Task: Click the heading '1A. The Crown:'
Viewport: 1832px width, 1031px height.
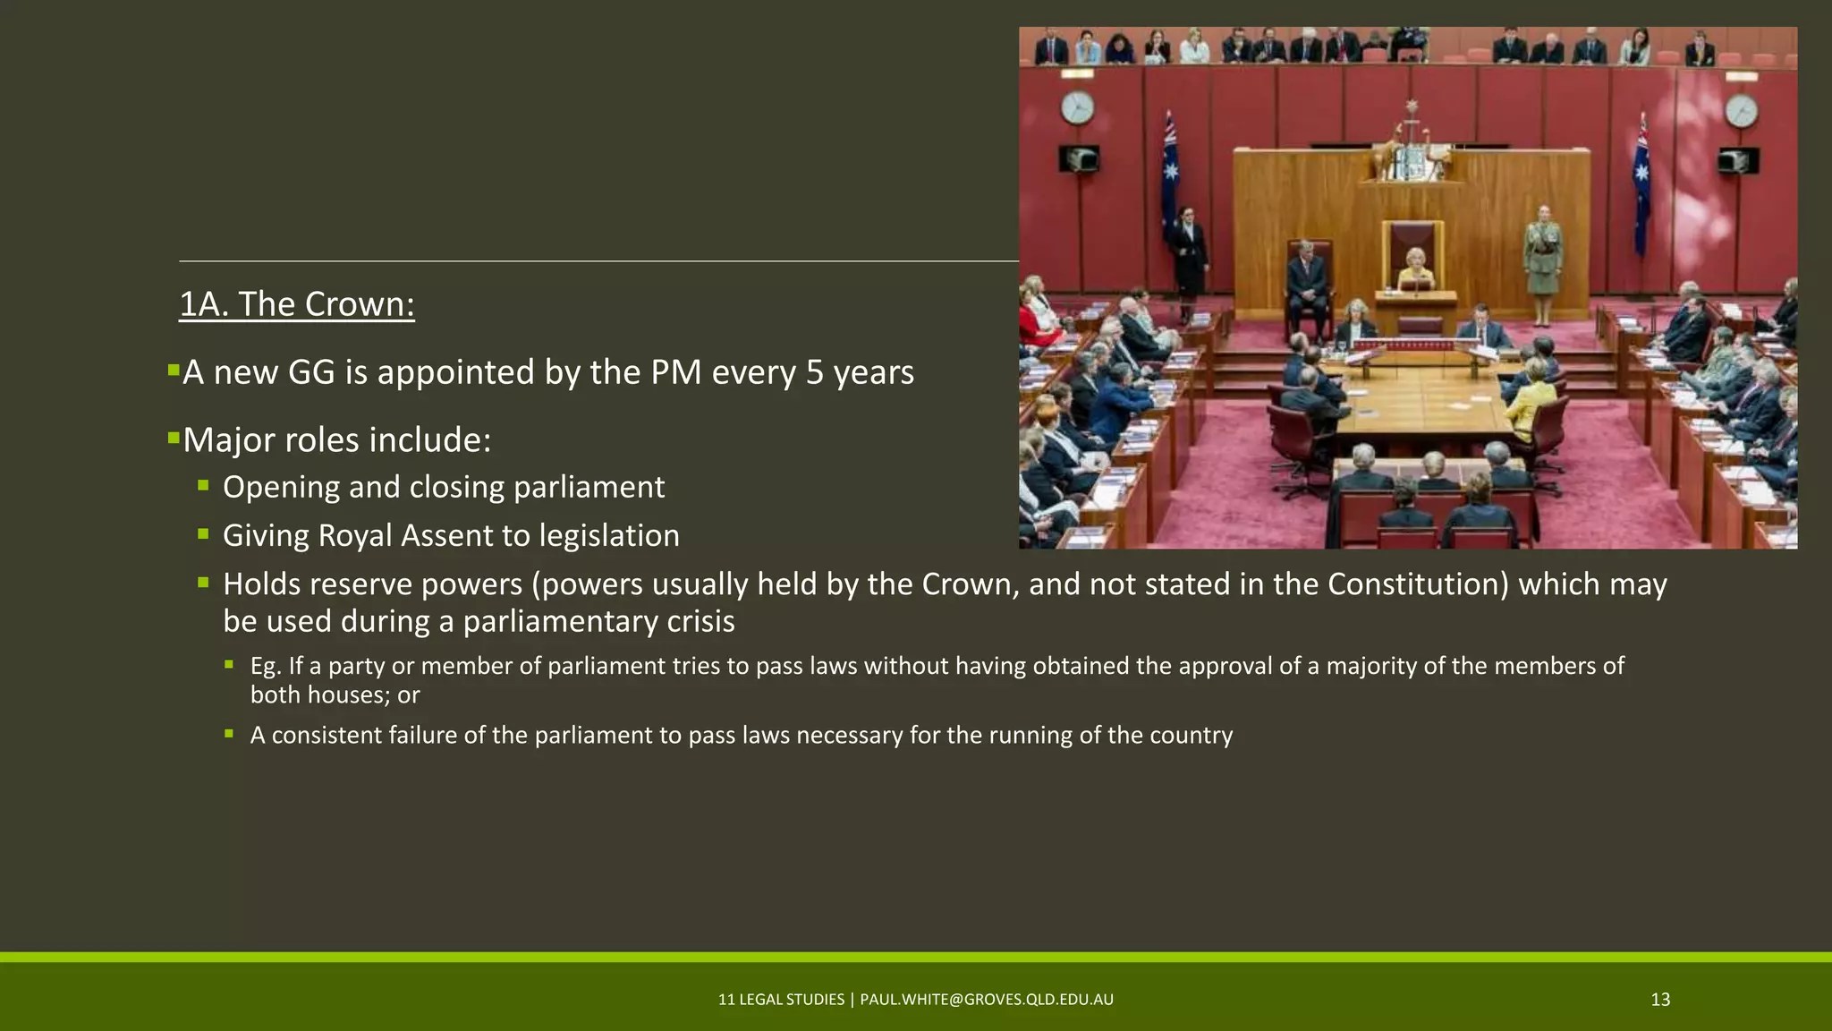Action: click(296, 304)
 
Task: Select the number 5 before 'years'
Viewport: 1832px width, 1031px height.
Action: click(814, 372)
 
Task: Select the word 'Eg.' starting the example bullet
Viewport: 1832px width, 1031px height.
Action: click(265, 666)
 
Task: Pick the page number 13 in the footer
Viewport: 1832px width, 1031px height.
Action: click(1660, 1000)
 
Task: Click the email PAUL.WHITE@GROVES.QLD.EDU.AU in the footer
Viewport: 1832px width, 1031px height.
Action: click(987, 1000)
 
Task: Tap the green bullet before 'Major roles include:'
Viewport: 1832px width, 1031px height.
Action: click(174, 438)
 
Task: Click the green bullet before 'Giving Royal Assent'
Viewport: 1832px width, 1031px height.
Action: click(204, 534)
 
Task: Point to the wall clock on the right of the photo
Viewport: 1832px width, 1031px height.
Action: click(1741, 112)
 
